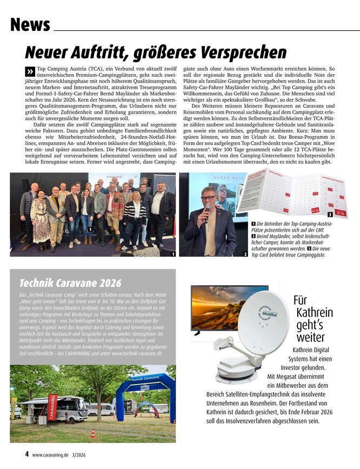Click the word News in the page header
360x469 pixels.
click(x=30, y=25)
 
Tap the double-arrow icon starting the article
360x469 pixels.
click(x=29, y=72)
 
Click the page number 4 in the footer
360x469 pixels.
click(x=26, y=454)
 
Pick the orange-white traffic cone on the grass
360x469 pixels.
click(x=92, y=433)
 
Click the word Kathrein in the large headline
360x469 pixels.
click(x=315, y=313)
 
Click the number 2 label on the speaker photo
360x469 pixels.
click(x=245, y=254)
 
